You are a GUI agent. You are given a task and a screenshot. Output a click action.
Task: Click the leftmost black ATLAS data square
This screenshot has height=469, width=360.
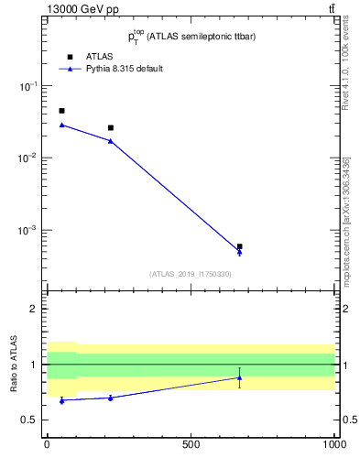tap(61, 111)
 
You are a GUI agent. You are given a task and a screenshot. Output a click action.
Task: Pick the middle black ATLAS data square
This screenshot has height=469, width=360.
tap(111, 128)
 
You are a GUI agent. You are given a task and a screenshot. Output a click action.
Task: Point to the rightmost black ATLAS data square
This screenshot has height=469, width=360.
tap(239, 246)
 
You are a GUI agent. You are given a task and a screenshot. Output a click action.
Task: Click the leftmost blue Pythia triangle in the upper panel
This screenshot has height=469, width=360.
tap(61, 125)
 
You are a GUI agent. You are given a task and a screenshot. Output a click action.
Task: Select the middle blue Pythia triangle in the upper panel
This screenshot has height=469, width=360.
tap(111, 141)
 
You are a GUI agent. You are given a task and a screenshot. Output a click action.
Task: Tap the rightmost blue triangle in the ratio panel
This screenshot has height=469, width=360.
tap(239, 377)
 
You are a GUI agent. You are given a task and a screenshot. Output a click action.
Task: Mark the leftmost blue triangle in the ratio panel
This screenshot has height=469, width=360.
tap(61, 400)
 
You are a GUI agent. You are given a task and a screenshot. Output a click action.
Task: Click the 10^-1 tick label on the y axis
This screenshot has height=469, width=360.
tap(28, 86)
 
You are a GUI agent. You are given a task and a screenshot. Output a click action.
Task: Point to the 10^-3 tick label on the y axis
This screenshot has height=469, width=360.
tap(28, 230)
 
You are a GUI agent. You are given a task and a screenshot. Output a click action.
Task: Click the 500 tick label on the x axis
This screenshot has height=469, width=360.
tap(191, 445)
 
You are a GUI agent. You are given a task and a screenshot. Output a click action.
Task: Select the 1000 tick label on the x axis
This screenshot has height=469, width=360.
tap(333, 445)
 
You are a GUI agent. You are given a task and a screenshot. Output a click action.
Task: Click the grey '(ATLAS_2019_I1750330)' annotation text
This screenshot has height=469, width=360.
tap(191, 274)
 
